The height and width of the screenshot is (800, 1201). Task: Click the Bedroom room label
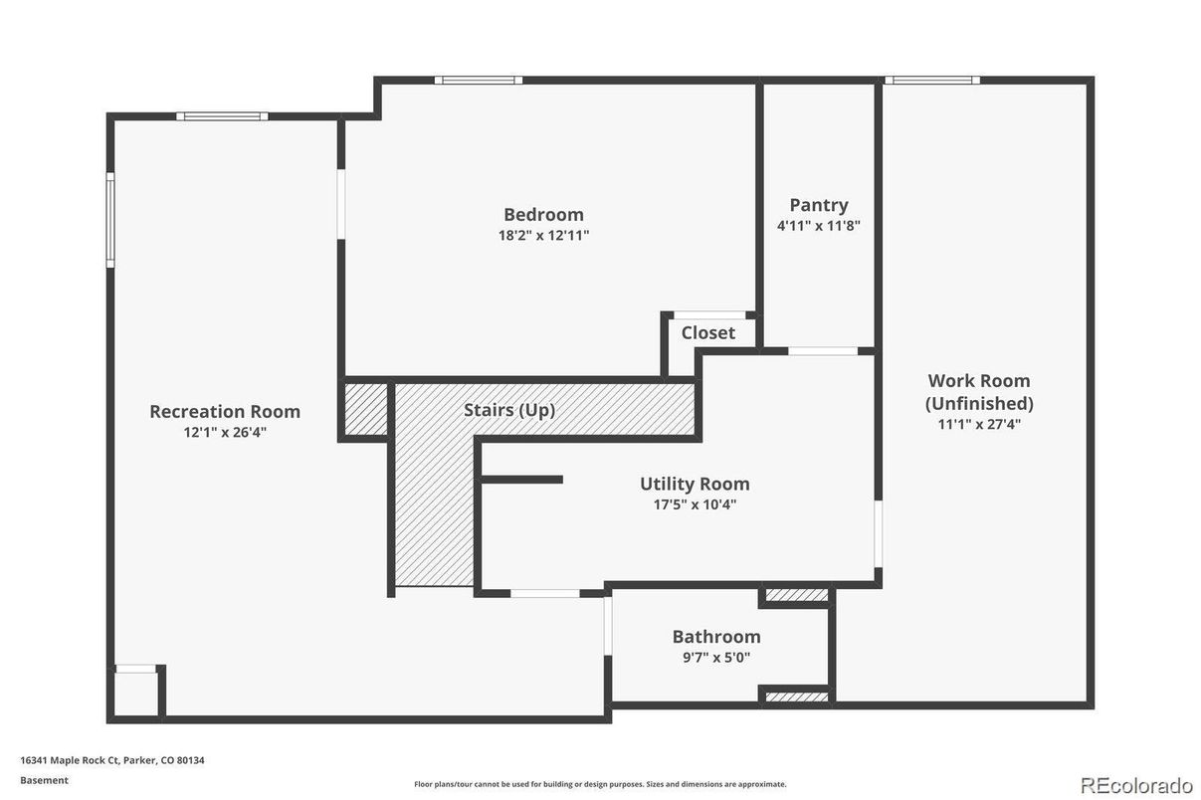(x=543, y=214)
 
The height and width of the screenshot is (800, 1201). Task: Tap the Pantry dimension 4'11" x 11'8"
(x=818, y=226)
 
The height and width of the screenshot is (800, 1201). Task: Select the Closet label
(x=707, y=333)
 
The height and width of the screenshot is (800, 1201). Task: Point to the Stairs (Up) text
(x=509, y=410)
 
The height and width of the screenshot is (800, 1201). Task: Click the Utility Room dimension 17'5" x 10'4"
(x=695, y=504)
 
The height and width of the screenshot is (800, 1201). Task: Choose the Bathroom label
(x=715, y=637)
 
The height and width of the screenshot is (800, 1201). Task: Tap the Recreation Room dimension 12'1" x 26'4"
(x=224, y=433)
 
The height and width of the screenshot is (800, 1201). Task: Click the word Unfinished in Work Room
(x=979, y=403)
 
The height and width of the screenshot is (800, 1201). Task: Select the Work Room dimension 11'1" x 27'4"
(x=979, y=424)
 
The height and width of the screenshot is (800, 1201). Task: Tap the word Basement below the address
(x=44, y=780)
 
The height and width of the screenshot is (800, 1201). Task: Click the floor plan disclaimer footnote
(x=600, y=784)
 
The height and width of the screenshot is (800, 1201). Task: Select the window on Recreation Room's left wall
(x=110, y=220)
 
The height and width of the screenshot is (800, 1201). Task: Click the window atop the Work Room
(x=932, y=80)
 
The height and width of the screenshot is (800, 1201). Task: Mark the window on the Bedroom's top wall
(x=478, y=80)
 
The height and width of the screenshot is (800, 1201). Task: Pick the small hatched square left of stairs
(x=365, y=409)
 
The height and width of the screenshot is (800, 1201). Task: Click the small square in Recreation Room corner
(x=135, y=693)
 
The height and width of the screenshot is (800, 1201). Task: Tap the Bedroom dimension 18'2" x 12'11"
(x=543, y=236)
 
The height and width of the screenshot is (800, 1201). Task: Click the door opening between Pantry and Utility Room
(x=823, y=350)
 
